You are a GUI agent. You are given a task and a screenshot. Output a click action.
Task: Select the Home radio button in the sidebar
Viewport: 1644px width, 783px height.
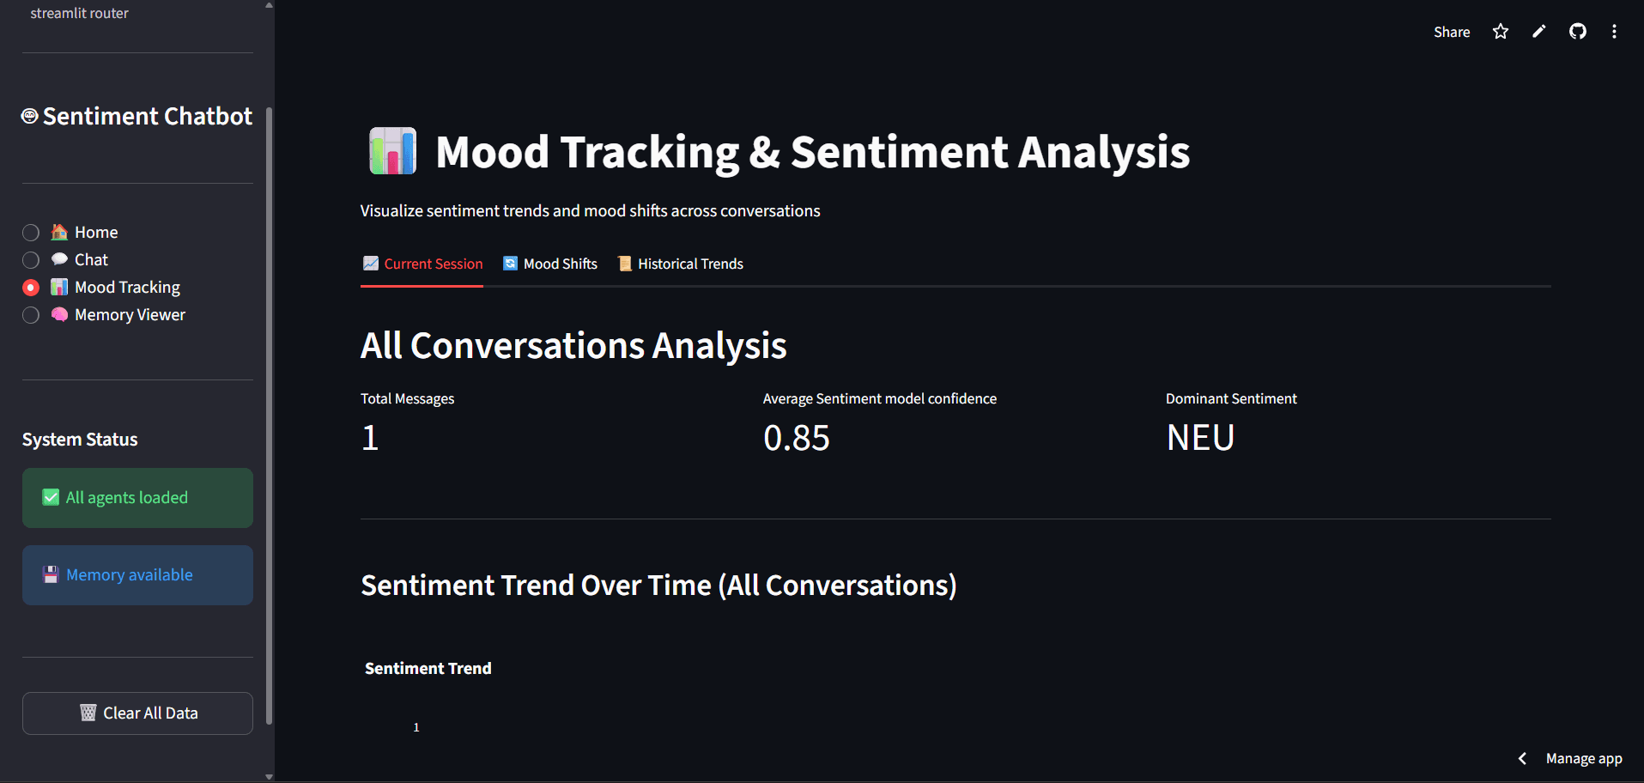[x=31, y=233]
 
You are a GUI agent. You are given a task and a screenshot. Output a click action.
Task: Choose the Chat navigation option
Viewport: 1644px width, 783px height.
[x=31, y=260]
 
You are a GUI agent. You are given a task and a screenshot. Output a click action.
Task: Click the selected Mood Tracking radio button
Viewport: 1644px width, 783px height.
[x=31, y=288]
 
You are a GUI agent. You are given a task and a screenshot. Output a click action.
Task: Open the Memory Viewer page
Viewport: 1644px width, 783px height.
[x=31, y=315]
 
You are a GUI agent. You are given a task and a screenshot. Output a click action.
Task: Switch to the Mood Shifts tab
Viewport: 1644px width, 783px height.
[x=550, y=264]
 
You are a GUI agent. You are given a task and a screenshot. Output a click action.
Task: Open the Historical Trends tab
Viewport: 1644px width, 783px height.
[x=681, y=264]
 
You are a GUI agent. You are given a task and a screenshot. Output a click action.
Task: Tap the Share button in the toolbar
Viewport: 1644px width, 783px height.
[x=1451, y=32]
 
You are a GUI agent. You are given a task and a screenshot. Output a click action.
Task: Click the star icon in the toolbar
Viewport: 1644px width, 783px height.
[x=1501, y=32]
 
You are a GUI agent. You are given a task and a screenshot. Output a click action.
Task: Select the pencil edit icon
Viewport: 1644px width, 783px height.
[x=1539, y=32]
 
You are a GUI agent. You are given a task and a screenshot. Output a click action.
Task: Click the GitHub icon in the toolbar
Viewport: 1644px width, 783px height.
[x=1578, y=32]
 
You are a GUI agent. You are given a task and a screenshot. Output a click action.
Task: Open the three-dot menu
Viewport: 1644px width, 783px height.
[x=1614, y=32]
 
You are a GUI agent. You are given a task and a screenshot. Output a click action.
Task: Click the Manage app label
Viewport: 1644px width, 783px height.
[x=1583, y=758]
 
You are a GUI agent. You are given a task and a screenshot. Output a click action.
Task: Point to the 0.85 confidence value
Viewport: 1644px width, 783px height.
[x=796, y=438]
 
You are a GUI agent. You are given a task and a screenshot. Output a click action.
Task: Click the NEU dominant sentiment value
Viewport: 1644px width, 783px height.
[x=1200, y=438]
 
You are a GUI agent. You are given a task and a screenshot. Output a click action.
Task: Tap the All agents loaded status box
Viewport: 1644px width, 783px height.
[x=137, y=498]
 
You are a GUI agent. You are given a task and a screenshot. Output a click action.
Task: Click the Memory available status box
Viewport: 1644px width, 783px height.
[x=137, y=575]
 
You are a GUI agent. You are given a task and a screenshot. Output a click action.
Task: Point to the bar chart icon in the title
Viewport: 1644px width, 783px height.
[x=392, y=151]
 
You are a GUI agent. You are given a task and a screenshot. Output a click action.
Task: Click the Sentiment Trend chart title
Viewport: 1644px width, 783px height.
[x=428, y=668]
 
